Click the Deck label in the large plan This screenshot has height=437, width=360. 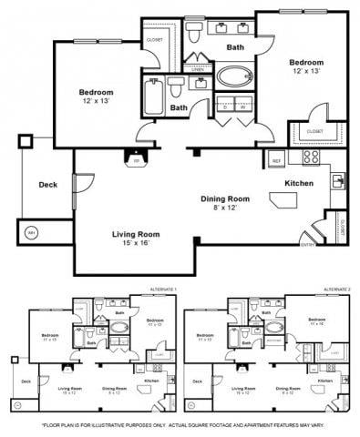(47, 184)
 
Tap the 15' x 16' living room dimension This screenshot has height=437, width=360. (129, 242)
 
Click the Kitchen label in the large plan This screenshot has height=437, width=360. (299, 183)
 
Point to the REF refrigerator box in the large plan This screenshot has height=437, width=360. (275, 161)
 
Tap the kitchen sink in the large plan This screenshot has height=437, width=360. (338, 180)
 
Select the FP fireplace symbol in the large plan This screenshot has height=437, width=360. (137, 161)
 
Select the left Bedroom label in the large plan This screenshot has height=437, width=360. (95, 93)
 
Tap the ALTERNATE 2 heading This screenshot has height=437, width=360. (336, 290)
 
